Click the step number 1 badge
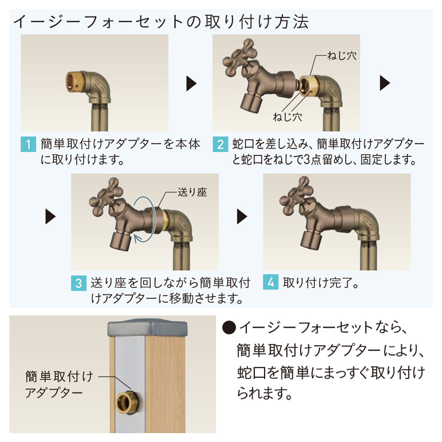[x=28, y=144]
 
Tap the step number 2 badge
[x=220, y=144]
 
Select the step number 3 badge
[x=78, y=283]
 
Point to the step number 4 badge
[x=271, y=282]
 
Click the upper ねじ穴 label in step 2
[x=341, y=56]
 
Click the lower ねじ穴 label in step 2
[x=287, y=117]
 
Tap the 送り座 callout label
[x=192, y=192]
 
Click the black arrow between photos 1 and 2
[x=191, y=83]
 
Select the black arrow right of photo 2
[x=385, y=83]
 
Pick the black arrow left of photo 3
[x=50, y=217]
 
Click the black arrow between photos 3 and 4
[x=242, y=217]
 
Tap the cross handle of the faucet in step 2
[x=240, y=58]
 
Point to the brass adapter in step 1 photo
[x=75, y=82]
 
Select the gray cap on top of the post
[x=148, y=328]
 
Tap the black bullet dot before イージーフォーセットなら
[x=229, y=328]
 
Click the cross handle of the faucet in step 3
[x=106, y=197]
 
